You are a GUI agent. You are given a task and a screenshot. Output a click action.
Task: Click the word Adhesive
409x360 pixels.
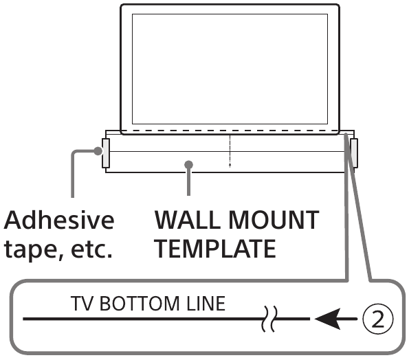point(59,221)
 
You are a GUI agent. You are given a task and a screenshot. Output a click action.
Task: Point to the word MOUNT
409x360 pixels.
point(274,221)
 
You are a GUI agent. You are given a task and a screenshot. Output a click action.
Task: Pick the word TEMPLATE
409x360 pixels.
point(215,249)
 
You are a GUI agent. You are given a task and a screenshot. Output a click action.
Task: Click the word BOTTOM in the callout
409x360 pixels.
point(140,304)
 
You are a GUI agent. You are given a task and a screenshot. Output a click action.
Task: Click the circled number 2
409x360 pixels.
point(377,319)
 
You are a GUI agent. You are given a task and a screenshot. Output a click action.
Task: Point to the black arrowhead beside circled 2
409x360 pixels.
point(328,319)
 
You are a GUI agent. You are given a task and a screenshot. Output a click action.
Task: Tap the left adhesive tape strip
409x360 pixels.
point(106,153)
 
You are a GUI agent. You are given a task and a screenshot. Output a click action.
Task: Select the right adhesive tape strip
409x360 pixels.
point(354,153)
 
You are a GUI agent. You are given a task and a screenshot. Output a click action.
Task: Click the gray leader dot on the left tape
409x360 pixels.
point(98,150)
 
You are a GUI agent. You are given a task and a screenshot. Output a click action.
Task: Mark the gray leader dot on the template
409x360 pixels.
point(188,165)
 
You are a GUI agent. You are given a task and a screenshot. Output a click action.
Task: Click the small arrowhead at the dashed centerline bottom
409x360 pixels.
point(230,165)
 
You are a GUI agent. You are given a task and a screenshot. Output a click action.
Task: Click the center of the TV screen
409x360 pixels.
point(230,69)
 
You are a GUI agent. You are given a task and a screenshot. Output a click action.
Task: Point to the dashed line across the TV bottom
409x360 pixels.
point(230,131)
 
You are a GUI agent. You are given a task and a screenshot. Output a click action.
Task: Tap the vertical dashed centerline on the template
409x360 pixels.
point(230,150)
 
